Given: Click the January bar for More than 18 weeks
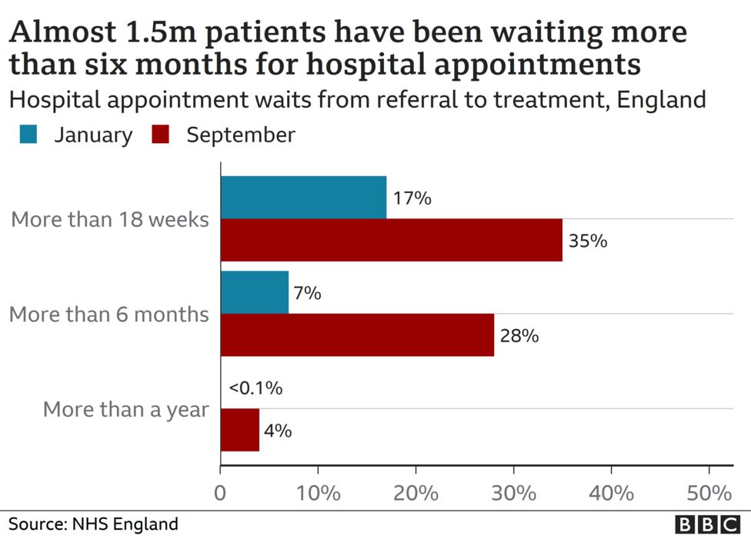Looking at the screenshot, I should click(x=303, y=198).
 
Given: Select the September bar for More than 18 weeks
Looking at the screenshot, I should click(x=391, y=240).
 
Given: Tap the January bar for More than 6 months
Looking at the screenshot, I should click(x=255, y=292).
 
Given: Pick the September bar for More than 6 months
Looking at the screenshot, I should click(x=357, y=335).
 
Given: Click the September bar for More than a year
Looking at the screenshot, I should click(x=240, y=430).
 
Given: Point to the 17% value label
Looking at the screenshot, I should click(x=412, y=198).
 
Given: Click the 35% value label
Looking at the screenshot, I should click(x=588, y=241).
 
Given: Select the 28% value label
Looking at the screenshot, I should click(x=519, y=336).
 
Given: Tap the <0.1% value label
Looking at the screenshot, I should click(x=255, y=388).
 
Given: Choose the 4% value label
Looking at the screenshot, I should click(x=278, y=431).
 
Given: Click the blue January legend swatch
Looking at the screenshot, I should click(x=29, y=135).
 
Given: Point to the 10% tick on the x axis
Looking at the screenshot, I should click(x=319, y=493).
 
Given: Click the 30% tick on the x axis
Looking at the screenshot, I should click(x=514, y=493).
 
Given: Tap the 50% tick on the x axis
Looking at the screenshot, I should click(x=709, y=493).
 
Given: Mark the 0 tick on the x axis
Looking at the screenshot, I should click(x=221, y=493).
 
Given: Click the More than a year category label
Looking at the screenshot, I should click(x=126, y=409).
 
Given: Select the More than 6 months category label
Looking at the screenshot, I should click(x=109, y=314).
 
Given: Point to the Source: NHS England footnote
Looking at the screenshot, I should click(x=93, y=524).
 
